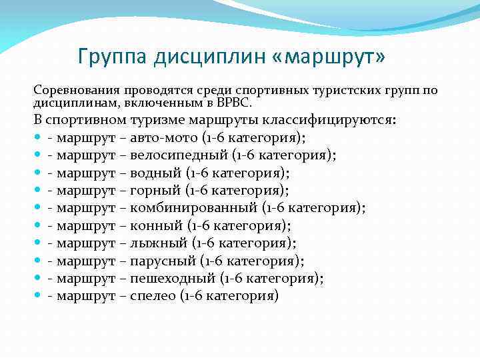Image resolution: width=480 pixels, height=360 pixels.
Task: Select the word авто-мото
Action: coord(164,138)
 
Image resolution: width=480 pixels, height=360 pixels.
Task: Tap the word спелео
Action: coord(152,295)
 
